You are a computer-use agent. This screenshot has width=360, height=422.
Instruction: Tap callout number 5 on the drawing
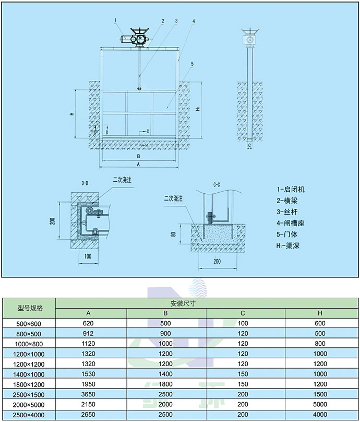(x=193, y=64)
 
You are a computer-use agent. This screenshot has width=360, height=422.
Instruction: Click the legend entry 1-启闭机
(x=291, y=190)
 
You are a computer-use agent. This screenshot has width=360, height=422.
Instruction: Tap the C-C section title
(x=217, y=184)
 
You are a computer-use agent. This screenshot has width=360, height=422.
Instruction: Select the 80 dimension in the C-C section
(x=173, y=234)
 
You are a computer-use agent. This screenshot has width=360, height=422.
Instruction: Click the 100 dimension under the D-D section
(x=87, y=256)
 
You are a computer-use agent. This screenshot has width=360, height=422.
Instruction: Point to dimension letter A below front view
(x=138, y=164)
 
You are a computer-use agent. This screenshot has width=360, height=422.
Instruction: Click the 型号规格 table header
(x=30, y=308)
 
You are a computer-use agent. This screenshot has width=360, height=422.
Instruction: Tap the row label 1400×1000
(x=30, y=374)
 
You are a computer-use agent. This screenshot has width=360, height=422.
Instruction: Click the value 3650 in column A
(x=88, y=394)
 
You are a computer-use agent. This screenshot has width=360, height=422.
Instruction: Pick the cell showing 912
(x=88, y=334)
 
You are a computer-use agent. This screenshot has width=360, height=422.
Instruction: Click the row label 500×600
(x=30, y=324)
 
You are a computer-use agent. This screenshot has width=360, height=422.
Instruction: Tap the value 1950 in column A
(x=88, y=384)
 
